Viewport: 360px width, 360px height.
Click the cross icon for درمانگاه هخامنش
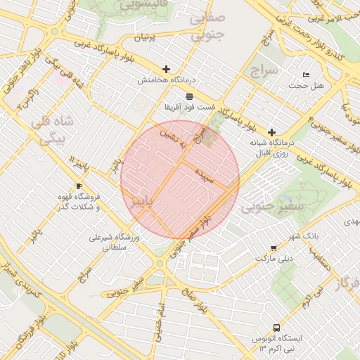click(x=166, y=69)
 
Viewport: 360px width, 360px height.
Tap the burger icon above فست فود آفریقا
click(x=189, y=96)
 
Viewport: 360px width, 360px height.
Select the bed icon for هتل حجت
click(x=306, y=75)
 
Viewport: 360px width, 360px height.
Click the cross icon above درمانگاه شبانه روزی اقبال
click(x=271, y=132)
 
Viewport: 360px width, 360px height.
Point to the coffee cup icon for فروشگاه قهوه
click(x=78, y=186)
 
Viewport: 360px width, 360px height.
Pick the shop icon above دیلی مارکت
click(x=273, y=248)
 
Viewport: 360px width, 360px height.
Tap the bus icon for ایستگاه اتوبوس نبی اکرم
click(x=276, y=328)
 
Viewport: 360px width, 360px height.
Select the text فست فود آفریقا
click(x=189, y=107)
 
